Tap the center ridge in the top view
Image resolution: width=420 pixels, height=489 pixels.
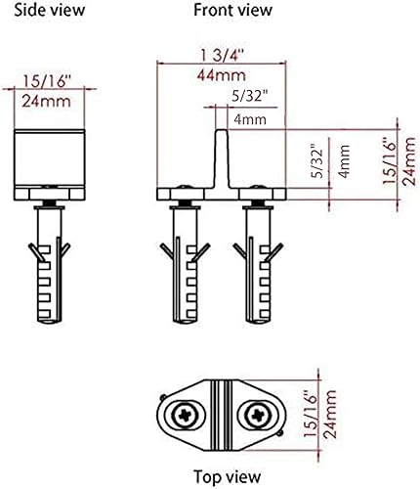point(222,410)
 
